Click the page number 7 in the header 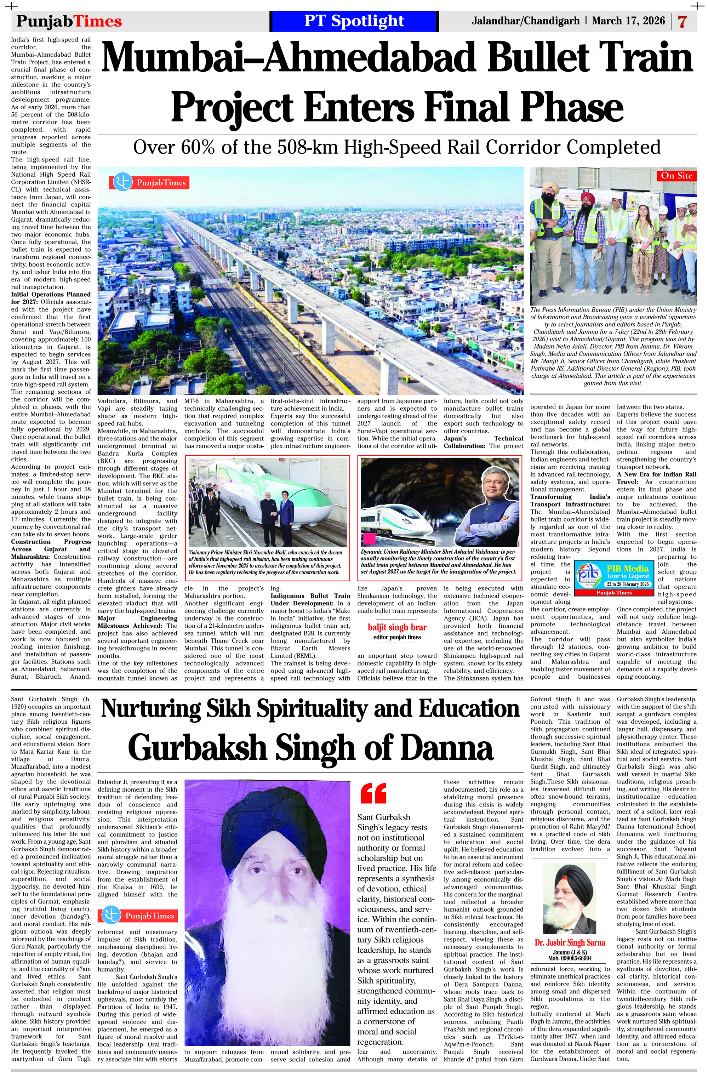click(682, 22)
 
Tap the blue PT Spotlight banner click(354, 21)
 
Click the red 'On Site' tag click(676, 176)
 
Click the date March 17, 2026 click(628, 21)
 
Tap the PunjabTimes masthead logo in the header click(69, 21)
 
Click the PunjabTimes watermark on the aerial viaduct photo click(150, 182)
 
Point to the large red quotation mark click(373, 794)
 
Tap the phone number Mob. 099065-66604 click(569, 958)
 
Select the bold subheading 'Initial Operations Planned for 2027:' click(50, 298)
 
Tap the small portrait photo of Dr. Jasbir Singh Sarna click(569, 898)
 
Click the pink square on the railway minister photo click(368, 539)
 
